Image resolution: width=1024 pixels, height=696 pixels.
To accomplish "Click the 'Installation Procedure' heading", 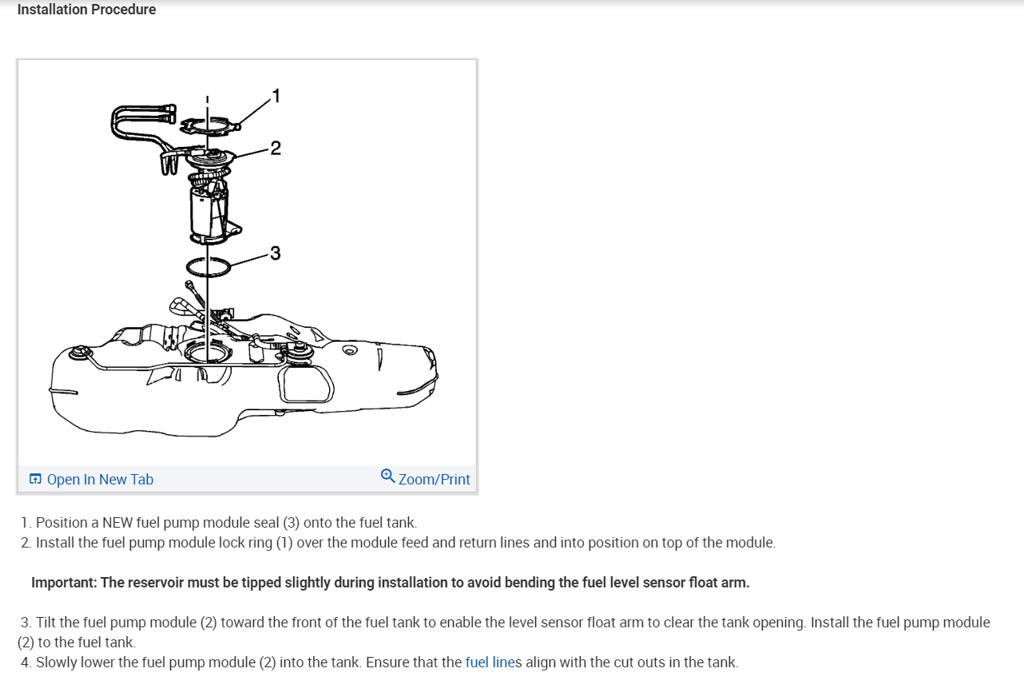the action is coord(86,10).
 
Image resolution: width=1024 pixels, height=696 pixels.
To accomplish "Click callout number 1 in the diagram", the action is coord(276,97).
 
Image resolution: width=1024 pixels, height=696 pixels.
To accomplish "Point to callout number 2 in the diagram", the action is coord(276,148).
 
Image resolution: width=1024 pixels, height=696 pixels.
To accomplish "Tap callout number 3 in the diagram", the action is coord(276,254).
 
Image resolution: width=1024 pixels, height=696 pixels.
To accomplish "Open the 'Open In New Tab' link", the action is coord(100,479).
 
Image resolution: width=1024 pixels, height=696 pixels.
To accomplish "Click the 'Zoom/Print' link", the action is coord(434,479).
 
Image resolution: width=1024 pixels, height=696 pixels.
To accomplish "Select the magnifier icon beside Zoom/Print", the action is coord(388,477).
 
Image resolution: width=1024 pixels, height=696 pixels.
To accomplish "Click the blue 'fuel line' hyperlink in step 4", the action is coord(490,662).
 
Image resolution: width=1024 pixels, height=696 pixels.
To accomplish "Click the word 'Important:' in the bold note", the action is coord(64,582).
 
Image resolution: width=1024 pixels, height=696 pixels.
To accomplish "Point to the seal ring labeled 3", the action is coord(208,266).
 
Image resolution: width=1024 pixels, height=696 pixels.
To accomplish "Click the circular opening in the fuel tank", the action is coord(206,352).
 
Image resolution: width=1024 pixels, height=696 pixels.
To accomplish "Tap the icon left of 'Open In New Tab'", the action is coord(35,479).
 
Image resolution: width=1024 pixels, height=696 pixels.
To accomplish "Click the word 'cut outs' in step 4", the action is coord(638,662).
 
